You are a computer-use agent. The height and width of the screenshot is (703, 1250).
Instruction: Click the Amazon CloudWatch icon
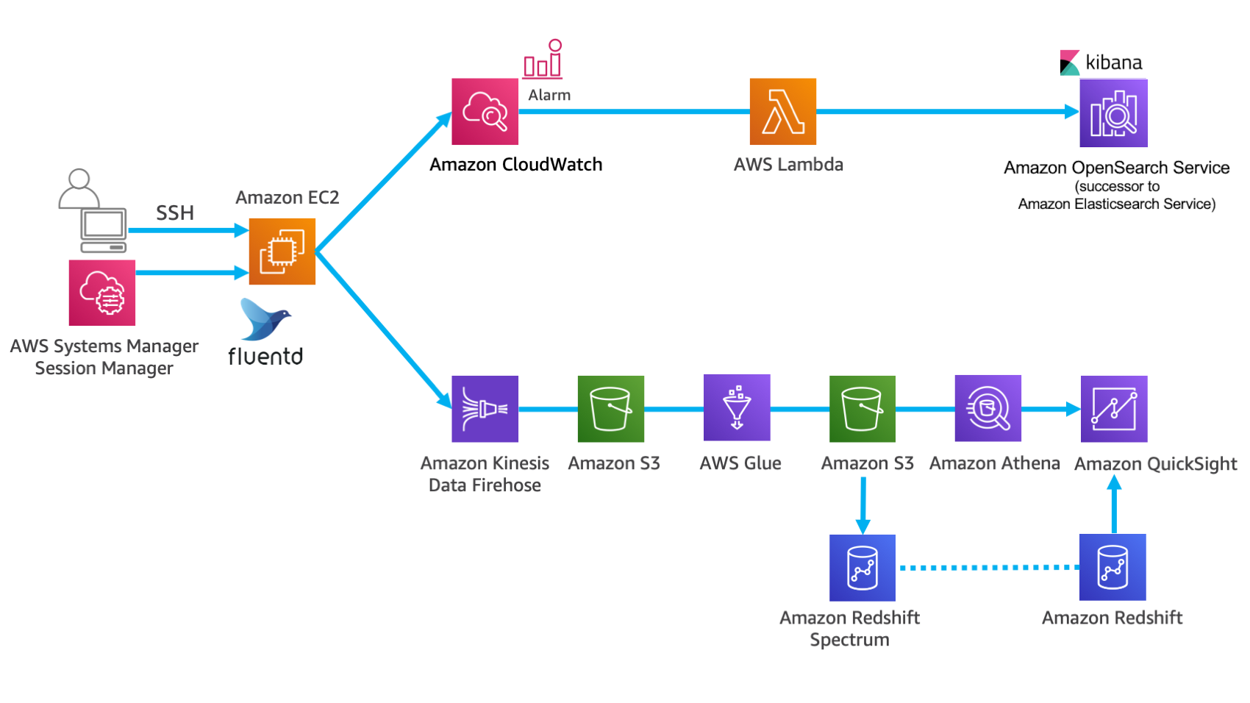coord(485,112)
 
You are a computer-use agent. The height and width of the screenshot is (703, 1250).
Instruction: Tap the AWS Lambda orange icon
coord(782,112)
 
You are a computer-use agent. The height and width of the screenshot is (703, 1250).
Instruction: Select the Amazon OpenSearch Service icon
coord(1113,113)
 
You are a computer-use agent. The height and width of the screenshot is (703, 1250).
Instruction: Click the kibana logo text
coord(1113,63)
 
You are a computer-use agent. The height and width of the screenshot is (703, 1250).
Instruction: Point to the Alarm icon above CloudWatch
coord(543,60)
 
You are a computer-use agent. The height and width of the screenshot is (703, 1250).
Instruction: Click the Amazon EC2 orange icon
coord(282,251)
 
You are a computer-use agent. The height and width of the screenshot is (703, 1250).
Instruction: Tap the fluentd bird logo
coord(265,319)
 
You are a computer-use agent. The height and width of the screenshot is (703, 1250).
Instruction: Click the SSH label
coord(175,213)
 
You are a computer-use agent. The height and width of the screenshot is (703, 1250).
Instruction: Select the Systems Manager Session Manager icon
coord(102,293)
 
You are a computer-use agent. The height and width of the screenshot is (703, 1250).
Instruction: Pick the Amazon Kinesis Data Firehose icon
coord(485,409)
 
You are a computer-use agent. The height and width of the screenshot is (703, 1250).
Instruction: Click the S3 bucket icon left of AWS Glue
coord(610,409)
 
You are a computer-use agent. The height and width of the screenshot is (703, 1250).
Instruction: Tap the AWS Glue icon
coord(737,407)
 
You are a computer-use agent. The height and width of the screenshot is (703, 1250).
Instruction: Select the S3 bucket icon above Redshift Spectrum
coord(862,409)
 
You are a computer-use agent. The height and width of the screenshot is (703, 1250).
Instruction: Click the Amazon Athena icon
coord(988,409)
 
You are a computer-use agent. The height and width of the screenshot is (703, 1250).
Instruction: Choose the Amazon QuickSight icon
coord(1113,409)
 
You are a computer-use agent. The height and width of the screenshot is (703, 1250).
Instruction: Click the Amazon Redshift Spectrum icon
coord(862,568)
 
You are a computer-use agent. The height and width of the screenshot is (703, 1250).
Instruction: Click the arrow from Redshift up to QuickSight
coord(1114,504)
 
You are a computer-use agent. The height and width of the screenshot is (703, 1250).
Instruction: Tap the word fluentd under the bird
coord(265,357)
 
